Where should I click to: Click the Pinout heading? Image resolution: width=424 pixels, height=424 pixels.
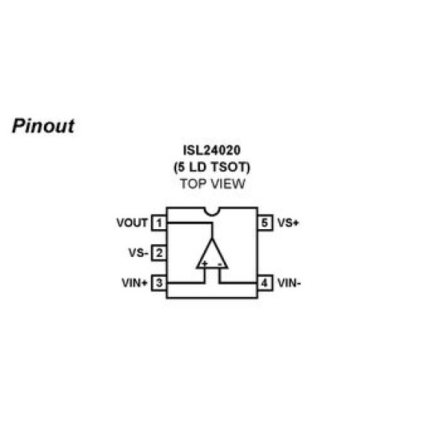(x=43, y=126)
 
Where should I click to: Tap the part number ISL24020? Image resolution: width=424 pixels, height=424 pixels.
(x=212, y=150)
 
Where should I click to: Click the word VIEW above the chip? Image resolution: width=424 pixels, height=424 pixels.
(x=228, y=184)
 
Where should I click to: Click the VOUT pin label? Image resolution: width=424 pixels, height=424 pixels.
(x=132, y=222)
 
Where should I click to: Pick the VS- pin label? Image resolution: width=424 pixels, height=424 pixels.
(x=138, y=253)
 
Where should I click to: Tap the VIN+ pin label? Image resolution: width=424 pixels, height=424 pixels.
(x=134, y=283)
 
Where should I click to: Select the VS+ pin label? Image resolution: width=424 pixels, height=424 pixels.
(x=288, y=222)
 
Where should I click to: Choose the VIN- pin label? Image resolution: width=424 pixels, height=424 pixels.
(x=290, y=283)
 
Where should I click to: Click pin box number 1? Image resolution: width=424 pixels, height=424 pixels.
(x=159, y=222)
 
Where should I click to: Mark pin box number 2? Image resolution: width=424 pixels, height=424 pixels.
(x=159, y=253)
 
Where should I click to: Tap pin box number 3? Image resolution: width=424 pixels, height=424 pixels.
(x=159, y=283)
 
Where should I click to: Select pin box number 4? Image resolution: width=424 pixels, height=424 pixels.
(x=265, y=283)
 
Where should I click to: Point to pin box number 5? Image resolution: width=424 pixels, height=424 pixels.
(x=265, y=222)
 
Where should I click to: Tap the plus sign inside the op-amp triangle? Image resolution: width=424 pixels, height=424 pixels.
(x=205, y=264)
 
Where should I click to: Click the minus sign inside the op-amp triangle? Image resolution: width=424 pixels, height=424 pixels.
(x=220, y=264)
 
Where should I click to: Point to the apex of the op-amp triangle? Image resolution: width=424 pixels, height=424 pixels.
(x=212, y=239)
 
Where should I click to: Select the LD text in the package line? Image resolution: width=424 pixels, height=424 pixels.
(x=198, y=167)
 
